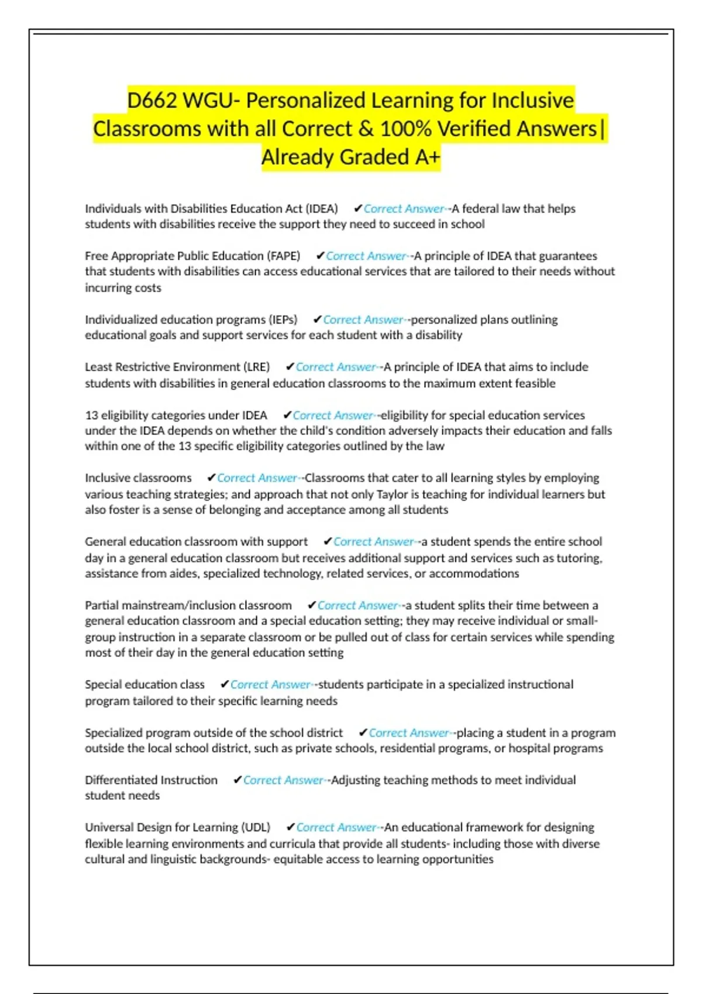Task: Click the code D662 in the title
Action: tap(152, 101)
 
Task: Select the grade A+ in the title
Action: tap(426, 157)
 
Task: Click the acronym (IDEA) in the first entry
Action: tap(322, 209)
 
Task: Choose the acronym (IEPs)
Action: tap(283, 320)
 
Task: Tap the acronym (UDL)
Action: tap(256, 827)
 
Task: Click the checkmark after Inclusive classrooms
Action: tap(211, 478)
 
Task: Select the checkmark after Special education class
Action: tap(224, 685)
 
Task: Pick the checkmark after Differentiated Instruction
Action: tap(237, 780)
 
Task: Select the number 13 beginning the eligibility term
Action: tap(91, 415)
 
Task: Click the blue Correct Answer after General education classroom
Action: tap(374, 542)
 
